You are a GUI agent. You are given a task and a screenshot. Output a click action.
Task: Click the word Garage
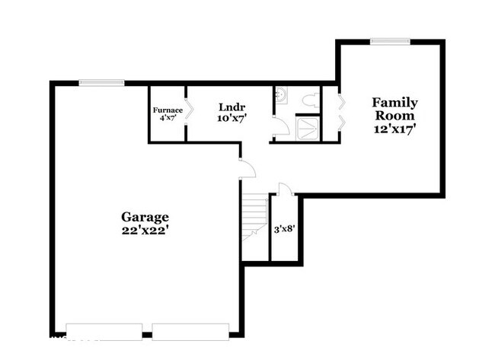point(145,217)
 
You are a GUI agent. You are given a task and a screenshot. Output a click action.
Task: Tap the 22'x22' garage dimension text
point(144,231)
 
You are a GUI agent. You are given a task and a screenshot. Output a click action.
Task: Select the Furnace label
point(168,110)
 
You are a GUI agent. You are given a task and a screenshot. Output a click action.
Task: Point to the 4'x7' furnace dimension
point(168,118)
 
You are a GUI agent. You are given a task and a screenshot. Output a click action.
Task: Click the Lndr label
point(232,107)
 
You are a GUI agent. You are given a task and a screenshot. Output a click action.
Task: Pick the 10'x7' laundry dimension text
point(232,118)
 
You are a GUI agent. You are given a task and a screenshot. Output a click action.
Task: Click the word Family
point(394,103)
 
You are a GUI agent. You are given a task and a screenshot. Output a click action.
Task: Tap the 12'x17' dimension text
point(394,129)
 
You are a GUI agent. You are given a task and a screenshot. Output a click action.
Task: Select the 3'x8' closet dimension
point(285,229)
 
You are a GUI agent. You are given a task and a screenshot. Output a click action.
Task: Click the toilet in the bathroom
point(311,100)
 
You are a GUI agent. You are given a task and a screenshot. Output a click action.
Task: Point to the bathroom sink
point(281,94)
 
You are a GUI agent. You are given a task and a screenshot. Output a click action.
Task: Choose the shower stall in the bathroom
point(308,129)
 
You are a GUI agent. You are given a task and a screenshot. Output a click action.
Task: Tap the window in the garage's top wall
point(101,83)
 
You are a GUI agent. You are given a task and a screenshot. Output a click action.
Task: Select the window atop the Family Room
point(390,41)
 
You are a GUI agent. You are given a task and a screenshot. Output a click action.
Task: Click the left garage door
point(104,332)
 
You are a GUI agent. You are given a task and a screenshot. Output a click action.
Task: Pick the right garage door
point(190,332)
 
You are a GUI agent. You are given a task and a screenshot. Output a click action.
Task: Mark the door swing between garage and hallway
point(247,169)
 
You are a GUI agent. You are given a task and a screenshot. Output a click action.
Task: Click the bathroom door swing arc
point(282,126)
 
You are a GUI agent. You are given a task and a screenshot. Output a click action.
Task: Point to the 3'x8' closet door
point(286,188)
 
